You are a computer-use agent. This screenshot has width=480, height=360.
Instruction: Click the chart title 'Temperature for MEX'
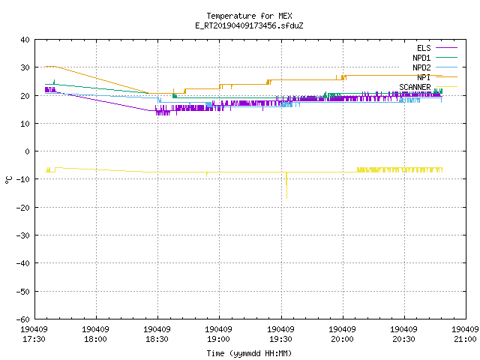[249, 16]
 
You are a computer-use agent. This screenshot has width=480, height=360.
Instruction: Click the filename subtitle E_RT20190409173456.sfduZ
[249, 25]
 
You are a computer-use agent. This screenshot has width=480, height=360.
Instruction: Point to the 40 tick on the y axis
[25, 40]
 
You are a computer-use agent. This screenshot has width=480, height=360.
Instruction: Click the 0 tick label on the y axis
[28, 151]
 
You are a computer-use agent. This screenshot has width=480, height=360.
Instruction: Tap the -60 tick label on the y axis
[23, 319]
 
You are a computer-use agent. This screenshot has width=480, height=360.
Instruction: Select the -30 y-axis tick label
[23, 235]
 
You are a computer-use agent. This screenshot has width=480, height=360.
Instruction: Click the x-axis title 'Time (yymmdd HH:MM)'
[249, 353]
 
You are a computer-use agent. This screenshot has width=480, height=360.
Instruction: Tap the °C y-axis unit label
[8, 180]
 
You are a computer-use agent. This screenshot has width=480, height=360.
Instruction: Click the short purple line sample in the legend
[446, 48]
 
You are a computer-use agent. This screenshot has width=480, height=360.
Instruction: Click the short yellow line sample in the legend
[446, 87]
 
